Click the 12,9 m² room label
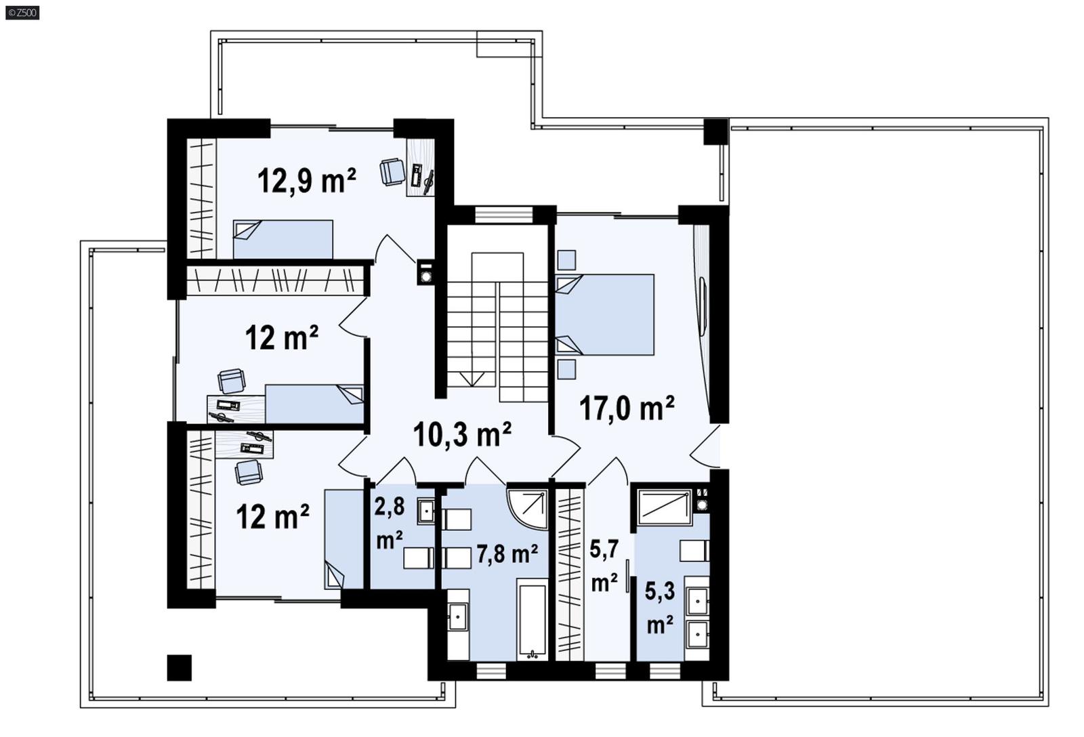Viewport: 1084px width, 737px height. [x=306, y=181]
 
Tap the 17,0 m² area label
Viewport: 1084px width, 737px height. [x=627, y=408]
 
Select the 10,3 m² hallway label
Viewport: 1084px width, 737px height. [x=462, y=434]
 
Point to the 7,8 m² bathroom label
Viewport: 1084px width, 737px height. [x=507, y=554]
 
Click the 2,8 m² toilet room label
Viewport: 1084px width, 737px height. [x=390, y=524]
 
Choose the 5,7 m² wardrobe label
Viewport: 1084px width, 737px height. [x=604, y=566]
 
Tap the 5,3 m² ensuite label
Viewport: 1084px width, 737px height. [x=659, y=607]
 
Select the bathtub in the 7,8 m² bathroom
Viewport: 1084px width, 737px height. [x=532, y=618]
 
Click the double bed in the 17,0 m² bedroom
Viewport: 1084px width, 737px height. [x=604, y=314]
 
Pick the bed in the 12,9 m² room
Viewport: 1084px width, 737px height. [x=283, y=238]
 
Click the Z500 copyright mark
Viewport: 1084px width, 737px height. [x=22, y=12]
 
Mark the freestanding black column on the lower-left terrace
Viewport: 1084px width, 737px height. [x=180, y=667]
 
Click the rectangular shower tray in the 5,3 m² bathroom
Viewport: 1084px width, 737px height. [x=664, y=507]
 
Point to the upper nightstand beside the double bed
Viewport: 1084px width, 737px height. [x=566, y=260]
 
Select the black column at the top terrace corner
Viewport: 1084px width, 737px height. [x=715, y=131]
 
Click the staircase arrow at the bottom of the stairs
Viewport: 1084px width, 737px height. [x=472, y=379]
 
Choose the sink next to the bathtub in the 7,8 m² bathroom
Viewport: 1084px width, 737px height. [x=457, y=617]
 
